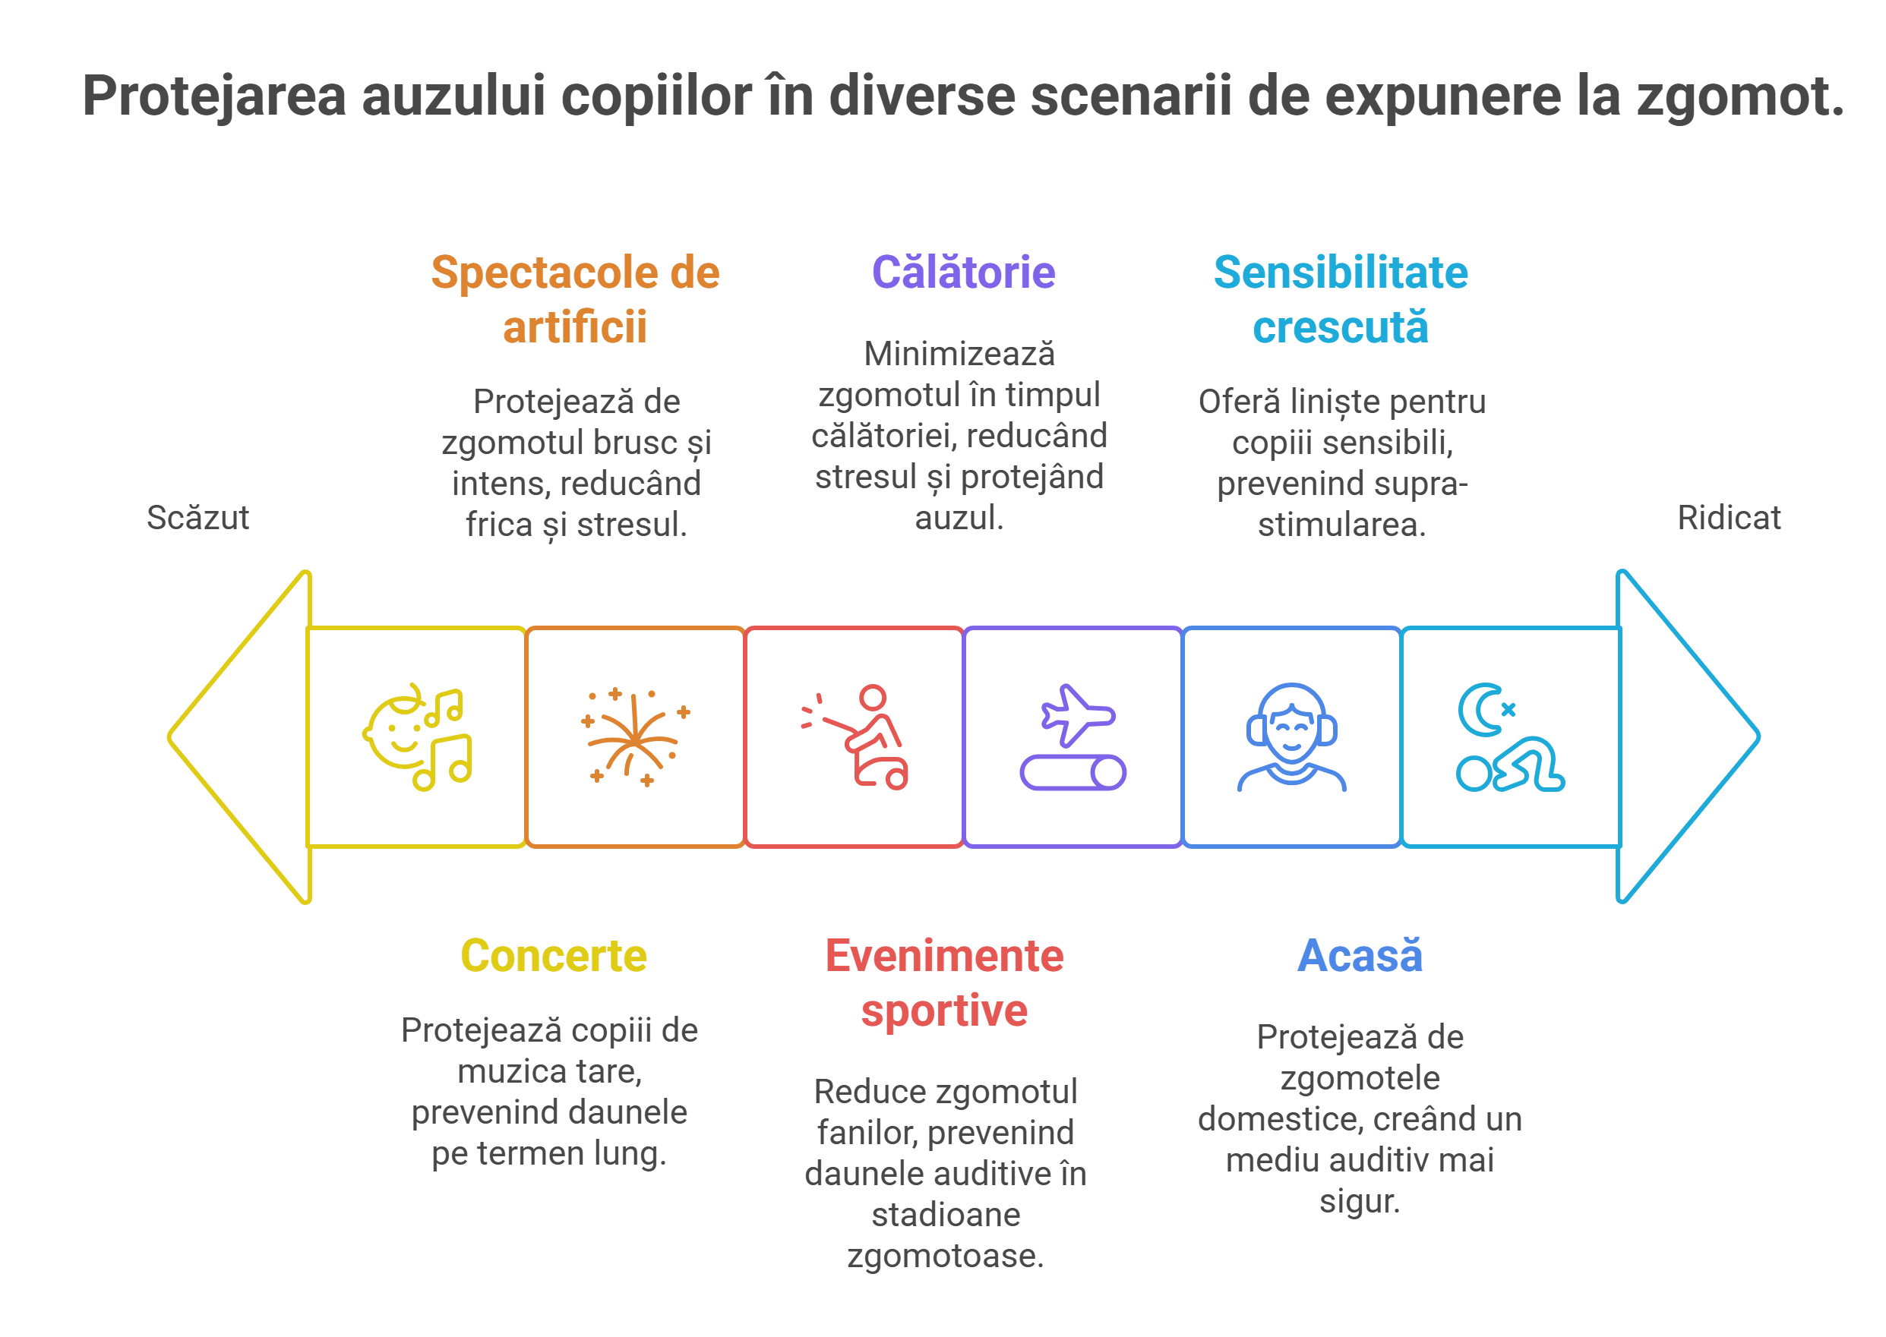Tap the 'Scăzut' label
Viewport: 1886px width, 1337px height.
[x=197, y=518]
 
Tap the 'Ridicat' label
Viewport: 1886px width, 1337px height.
[x=1729, y=518]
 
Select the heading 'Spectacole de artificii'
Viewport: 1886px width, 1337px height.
[x=575, y=300]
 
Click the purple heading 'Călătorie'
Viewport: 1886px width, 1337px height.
[x=963, y=273]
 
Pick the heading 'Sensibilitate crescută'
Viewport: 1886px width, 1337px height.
[x=1341, y=300]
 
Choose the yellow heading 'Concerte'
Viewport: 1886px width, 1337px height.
[x=554, y=956]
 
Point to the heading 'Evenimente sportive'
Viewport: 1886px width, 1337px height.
[x=945, y=983]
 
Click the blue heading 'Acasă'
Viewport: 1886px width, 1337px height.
[x=1360, y=956]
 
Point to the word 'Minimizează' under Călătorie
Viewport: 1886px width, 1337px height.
[x=959, y=354]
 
